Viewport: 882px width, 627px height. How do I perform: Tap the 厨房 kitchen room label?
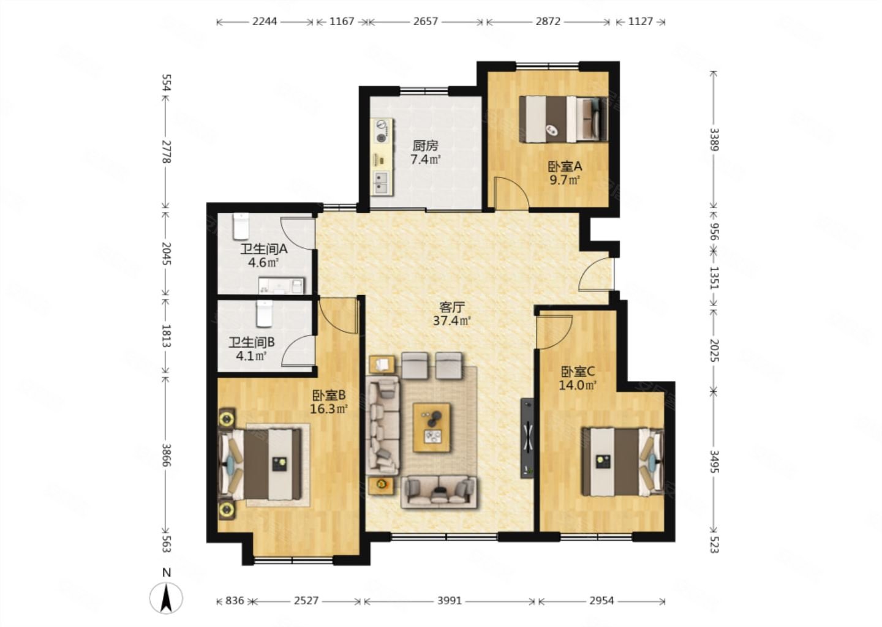coord(425,146)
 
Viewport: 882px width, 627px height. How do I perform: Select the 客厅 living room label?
coord(452,307)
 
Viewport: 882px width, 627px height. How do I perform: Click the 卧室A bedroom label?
coord(565,167)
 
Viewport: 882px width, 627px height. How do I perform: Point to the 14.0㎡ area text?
coord(578,385)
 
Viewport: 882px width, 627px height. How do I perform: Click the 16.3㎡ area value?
coord(328,409)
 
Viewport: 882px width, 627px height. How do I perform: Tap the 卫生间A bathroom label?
coord(264,249)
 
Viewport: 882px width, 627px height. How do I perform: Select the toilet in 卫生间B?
coord(264,313)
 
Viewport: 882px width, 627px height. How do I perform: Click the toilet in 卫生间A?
coord(241,227)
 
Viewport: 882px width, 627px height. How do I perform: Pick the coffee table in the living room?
coord(432,428)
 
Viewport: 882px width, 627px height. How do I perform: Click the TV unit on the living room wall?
coord(527,438)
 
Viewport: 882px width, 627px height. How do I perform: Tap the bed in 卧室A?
coord(563,119)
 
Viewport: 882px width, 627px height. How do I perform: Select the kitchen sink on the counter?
coord(382,183)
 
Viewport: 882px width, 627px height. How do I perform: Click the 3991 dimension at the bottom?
coord(450,601)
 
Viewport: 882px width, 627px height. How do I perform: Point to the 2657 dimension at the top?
coord(425,21)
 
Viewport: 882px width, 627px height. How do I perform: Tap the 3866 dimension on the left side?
coord(166,456)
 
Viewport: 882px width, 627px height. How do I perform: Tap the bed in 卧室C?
coord(622,462)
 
